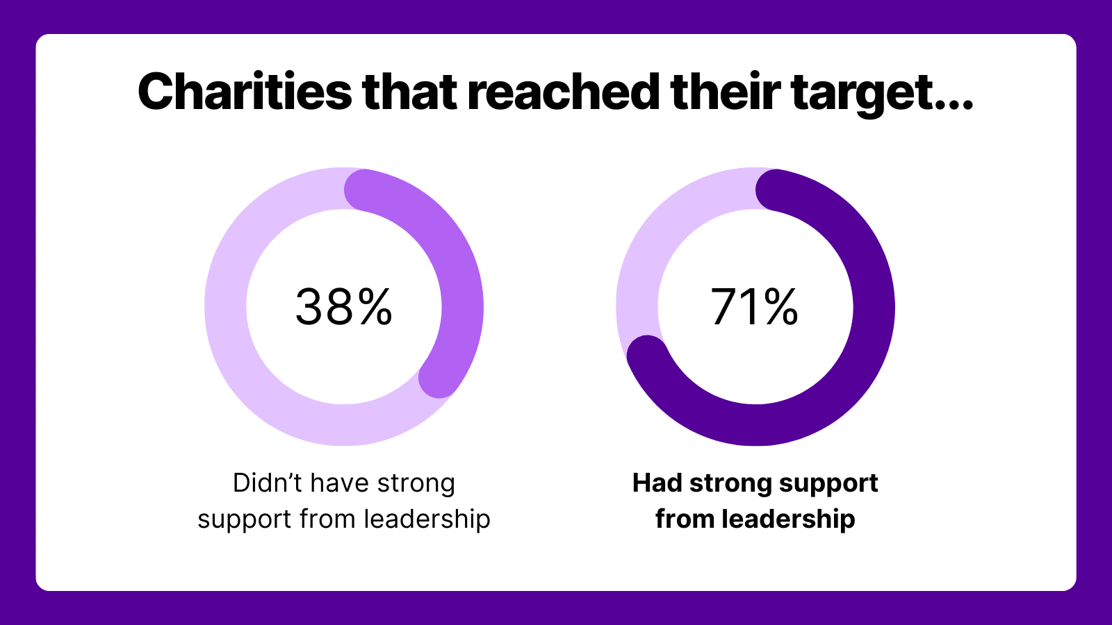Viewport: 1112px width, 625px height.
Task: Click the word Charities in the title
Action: [x=245, y=92]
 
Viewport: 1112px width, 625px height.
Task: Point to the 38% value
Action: [x=343, y=307]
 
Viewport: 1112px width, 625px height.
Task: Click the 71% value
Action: [x=754, y=307]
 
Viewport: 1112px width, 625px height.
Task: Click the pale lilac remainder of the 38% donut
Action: [x=236, y=347]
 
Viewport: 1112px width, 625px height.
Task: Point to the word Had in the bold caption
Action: [x=657, y=483]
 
